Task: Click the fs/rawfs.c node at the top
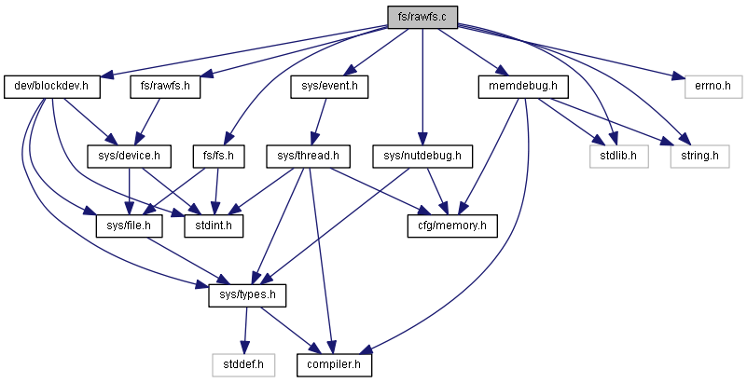pos(422,18)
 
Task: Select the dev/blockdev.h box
pos(52,87)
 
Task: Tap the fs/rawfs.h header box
pos(165,87)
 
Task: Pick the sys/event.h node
pos(329,87)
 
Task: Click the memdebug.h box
pos(522,87)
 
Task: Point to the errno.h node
pos(713,87)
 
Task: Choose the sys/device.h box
pos(129,156)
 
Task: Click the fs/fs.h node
pos(218,156)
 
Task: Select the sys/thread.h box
pos(309,156)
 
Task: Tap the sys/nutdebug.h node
pos(422,156)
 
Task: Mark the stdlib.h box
pos(618,156)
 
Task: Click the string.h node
pos(699,156)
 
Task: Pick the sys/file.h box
pos(129,226)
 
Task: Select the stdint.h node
pos(214,226)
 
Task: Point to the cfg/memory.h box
pos(452,226)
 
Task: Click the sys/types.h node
pos(247,295)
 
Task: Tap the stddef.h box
pos(243,365)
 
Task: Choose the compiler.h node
pos(334,365)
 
